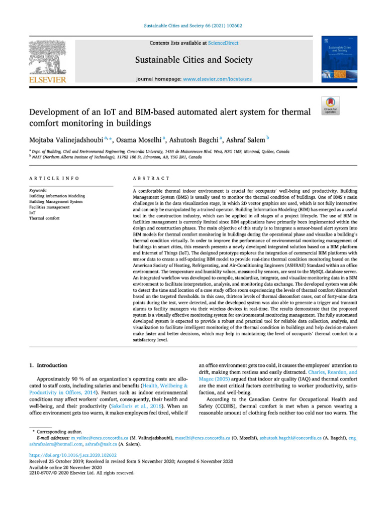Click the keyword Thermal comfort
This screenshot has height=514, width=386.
[x=44, y=218]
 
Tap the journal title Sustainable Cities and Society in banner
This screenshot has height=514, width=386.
[x=194, y=61]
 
